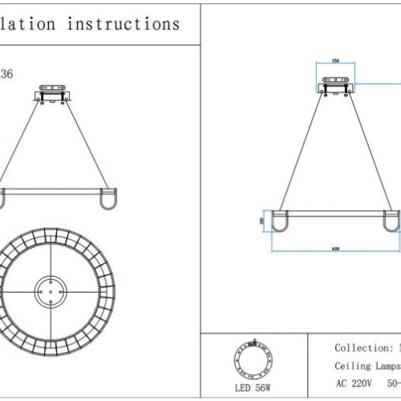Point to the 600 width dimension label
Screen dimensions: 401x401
click(x=334, y=249)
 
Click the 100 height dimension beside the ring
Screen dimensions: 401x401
click(x=261, y=221)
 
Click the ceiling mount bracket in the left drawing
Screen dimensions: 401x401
click(x=53, y=93)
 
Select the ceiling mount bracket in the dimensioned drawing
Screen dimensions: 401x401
click(x=334, y=84)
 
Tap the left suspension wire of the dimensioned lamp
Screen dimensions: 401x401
click(x=301, y=152)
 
